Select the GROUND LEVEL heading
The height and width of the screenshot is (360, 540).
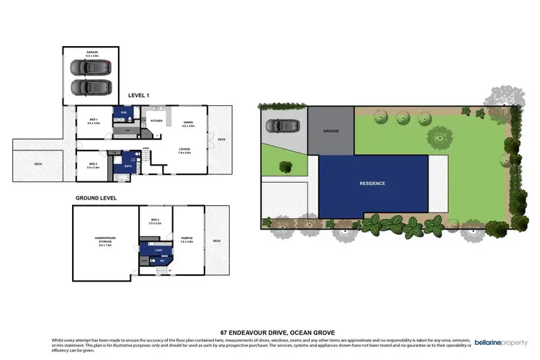[x=96, y=197]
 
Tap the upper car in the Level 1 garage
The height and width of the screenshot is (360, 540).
[x=87, y=67]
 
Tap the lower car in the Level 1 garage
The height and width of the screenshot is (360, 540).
[x=87, y=87]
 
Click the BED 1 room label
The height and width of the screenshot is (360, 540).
[x=94, y=121]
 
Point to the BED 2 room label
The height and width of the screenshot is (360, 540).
[x=93, y=165]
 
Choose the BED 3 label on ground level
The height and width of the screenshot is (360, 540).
[x=155, y=221]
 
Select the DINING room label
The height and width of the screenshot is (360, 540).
[x=187, y=123]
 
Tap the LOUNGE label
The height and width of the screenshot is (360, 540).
[x=184, y=150]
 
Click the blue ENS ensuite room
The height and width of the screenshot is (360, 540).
[x=124, y=113]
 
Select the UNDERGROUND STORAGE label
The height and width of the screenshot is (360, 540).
[x=106, y=243]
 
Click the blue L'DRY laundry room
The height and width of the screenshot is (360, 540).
[x=160, y=250]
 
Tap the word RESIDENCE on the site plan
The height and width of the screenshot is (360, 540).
[x=372, y=184]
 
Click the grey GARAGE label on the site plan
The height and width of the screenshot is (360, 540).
[x=330, y=131]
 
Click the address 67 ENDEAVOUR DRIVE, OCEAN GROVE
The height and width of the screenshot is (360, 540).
[x=270, y=332]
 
